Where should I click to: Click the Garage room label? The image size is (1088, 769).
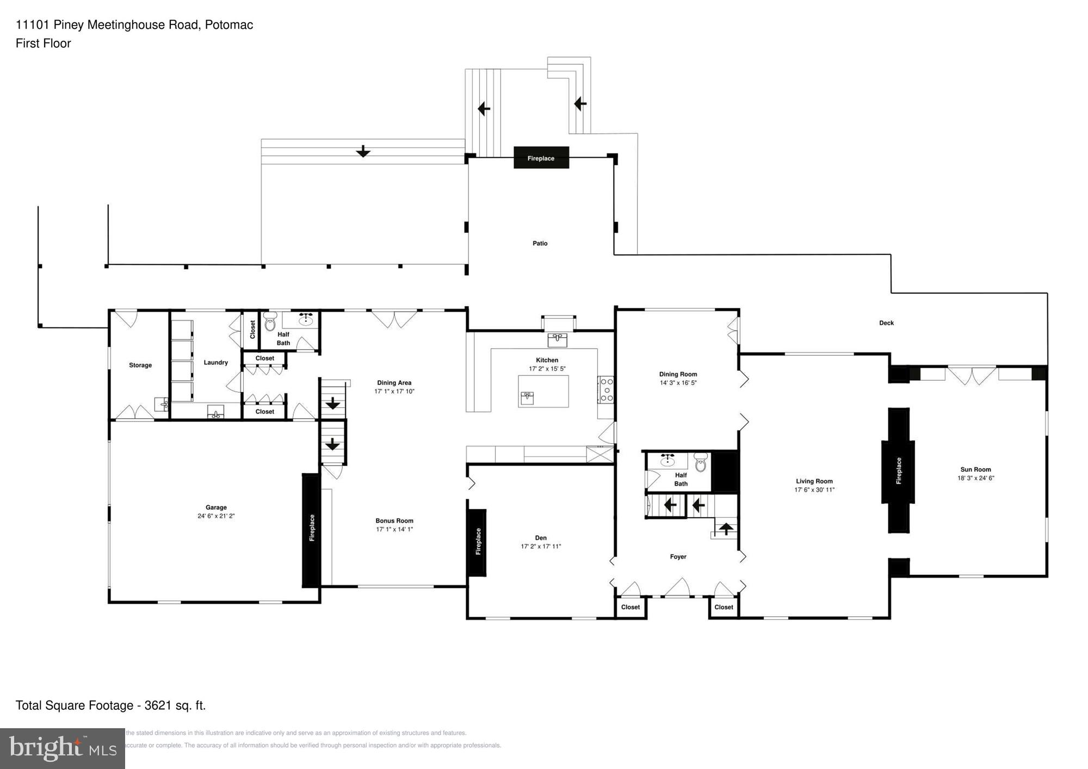(216, 507)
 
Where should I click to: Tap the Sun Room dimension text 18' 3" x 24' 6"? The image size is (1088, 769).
(975, 479)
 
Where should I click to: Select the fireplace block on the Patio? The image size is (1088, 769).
(541, 158)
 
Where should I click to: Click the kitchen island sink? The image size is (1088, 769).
(527, 398)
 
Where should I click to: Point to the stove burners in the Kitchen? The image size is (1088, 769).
(607, 390)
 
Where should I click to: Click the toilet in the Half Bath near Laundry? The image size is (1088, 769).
(270, 323)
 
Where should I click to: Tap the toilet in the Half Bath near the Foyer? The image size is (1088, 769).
(701, 463)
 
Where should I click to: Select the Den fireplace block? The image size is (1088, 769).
(477, 542)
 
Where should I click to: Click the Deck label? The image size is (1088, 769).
(886, 323)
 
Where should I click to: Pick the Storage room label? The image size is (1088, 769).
(140, 365)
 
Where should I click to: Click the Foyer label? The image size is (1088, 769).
(678, 557)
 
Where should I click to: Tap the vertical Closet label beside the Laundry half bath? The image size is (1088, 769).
(252, 330)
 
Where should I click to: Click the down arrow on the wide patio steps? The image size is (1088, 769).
(363, 152)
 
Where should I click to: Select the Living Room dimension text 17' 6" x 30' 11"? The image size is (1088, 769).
(814, 490)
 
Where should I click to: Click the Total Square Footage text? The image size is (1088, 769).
(110, 706)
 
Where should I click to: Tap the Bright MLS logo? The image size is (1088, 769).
(63, 748)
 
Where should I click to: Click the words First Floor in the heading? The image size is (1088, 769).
(44, 44)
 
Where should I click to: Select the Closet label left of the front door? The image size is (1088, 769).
(630, 607)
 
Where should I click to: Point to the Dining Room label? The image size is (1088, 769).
(678, 374)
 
